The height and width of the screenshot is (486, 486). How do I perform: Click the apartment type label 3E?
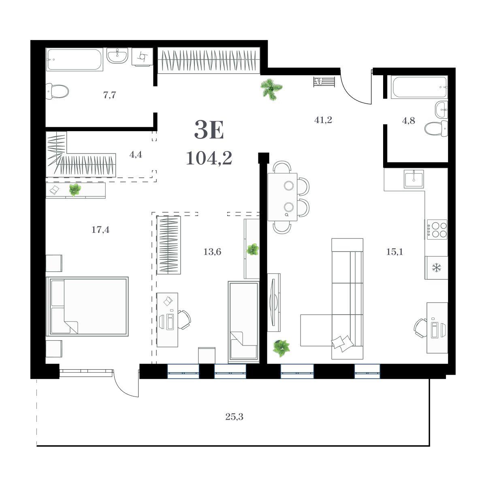pos(209,130)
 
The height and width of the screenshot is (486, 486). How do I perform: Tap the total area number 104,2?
pos(209,159)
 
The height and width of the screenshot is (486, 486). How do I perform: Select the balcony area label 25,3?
pos(234,417)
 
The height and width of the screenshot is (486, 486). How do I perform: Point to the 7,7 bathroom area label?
pos(109,95)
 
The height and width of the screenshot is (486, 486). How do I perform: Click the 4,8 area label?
pos(408,121)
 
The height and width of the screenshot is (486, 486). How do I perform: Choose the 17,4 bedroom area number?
pos(100,230)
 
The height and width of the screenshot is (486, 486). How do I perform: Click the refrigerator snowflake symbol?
pos(436,268)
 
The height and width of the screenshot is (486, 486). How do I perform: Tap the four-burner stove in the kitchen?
pos(436,230)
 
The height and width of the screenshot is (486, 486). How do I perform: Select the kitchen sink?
pos(414,179)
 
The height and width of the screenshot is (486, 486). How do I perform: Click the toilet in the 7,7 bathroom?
pos(58,91)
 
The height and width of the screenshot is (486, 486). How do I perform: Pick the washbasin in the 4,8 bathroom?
pos(441,110)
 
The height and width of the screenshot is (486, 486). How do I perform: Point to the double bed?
pos(87,307)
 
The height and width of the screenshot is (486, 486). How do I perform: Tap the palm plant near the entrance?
pos(271,90)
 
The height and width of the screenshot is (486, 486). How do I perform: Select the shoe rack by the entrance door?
pos(324,82)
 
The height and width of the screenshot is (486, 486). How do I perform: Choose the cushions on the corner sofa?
pos(342,343)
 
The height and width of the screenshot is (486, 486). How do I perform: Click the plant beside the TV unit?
pos(281,348)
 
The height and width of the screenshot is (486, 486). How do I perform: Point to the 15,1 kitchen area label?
pos(395,252)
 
